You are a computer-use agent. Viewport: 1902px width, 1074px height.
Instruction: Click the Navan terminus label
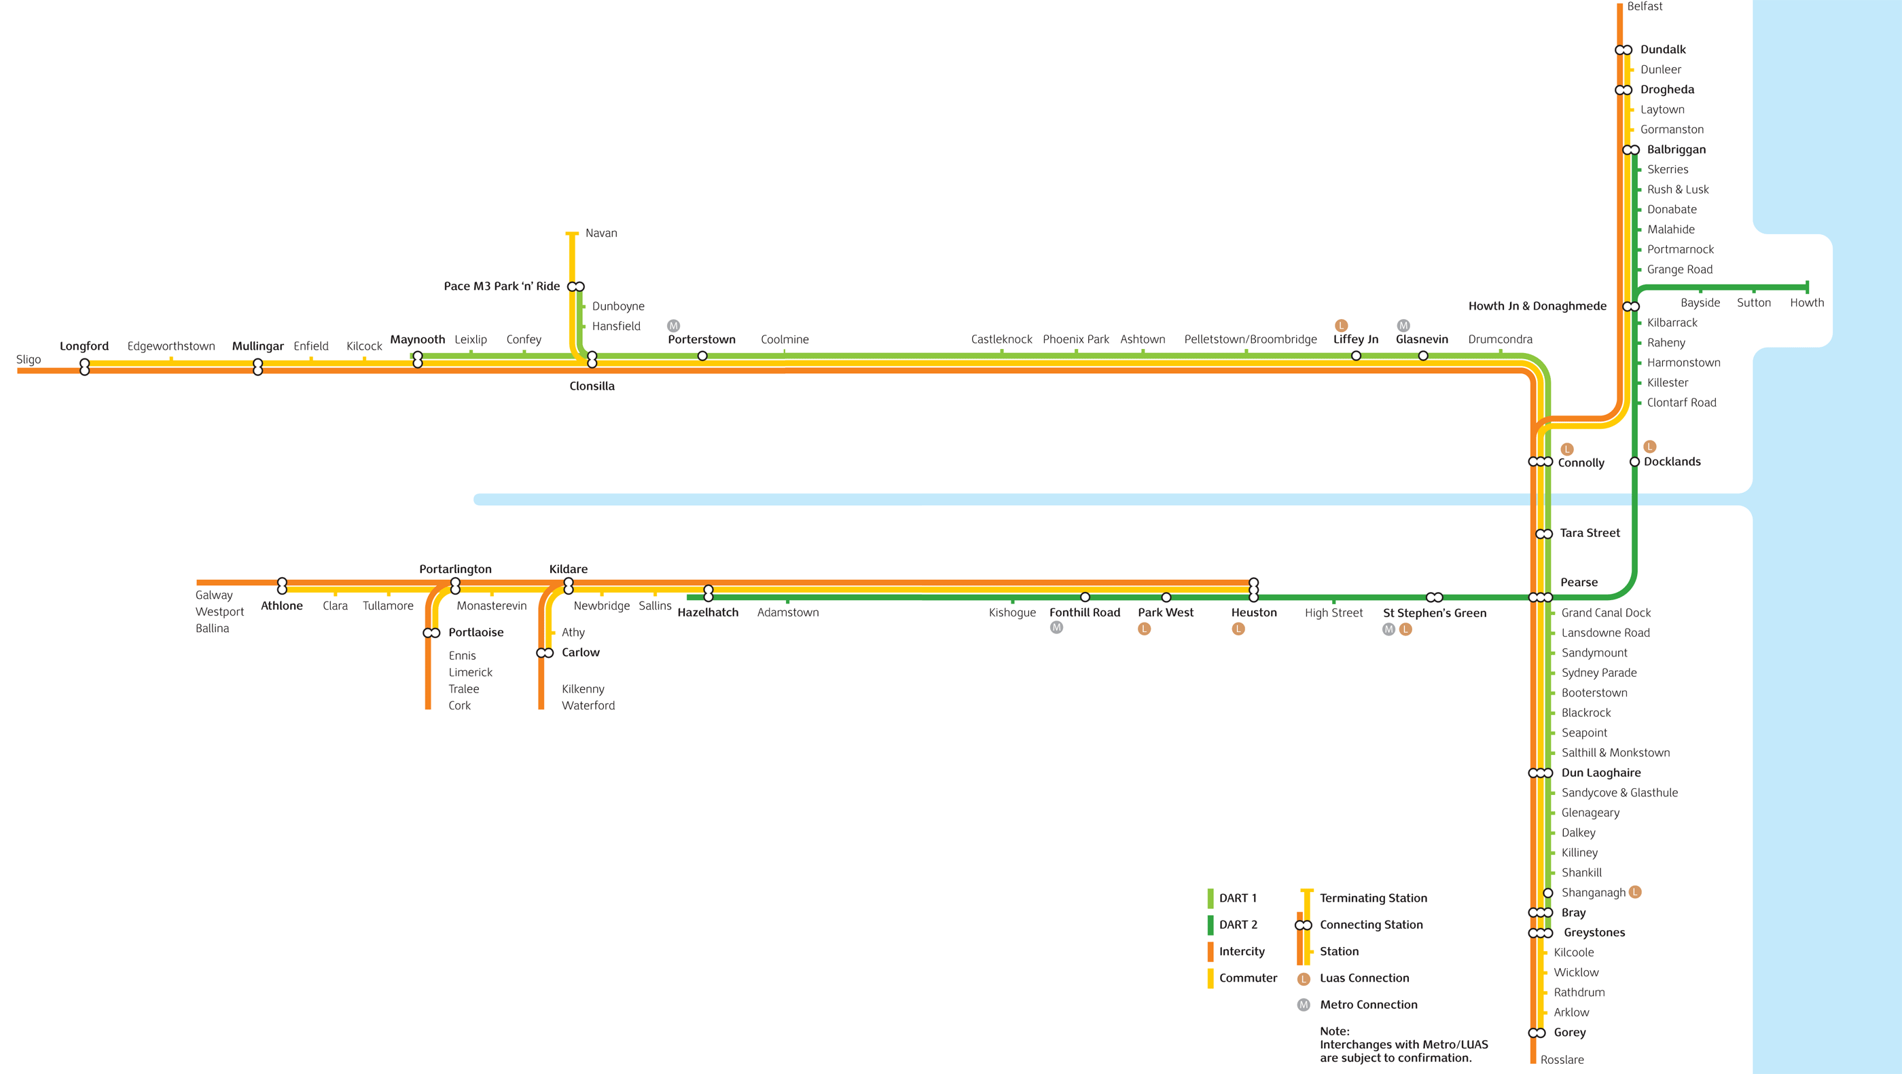(601, 234)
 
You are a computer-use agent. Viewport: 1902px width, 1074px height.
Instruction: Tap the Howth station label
(1807, 303)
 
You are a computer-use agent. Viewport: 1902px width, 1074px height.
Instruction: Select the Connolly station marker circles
(1540, 462)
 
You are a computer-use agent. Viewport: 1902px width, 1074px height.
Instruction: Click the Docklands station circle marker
(1635, 462)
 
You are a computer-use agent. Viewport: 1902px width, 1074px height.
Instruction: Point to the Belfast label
(1645, 7)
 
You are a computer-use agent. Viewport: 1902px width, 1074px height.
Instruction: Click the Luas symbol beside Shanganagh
(1636, 891)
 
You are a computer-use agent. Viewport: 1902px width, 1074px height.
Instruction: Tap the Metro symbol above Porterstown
(673, 325)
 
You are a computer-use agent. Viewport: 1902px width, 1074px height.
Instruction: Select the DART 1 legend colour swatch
(1210, 898)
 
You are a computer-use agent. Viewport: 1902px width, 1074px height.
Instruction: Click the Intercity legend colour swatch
(1210, 952)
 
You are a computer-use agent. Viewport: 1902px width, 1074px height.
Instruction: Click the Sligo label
(29, 360)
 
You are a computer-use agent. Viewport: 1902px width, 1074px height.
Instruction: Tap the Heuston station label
(1254, 612)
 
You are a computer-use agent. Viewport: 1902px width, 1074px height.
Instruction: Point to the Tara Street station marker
(1544, 534)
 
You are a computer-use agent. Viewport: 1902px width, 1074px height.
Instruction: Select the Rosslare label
(1562, 1060)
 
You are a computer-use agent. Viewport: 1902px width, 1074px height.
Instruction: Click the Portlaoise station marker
(431, 633)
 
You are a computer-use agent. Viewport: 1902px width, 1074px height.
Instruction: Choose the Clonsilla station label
(592, 386)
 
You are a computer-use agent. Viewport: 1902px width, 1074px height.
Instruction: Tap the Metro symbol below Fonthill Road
(1056, 627)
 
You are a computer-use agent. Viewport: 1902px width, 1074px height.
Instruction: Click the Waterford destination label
(588, 705)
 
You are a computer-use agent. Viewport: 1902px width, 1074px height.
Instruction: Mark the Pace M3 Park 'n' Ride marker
(576, 286)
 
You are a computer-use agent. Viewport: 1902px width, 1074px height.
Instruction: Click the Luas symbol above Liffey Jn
(1342, 325)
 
